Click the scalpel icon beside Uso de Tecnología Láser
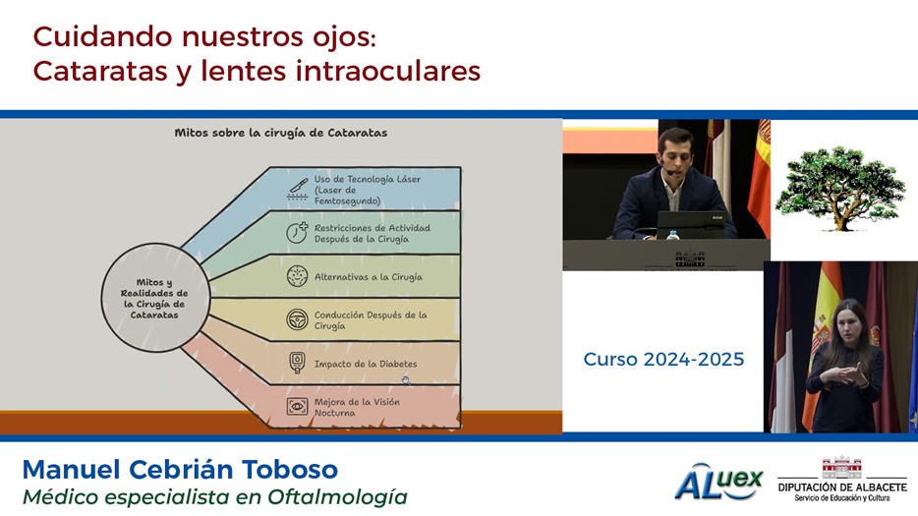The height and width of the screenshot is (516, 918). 298,189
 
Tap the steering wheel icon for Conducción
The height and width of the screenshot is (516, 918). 298,319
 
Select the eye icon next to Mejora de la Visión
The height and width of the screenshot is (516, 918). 298,407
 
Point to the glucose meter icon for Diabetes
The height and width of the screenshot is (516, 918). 298,363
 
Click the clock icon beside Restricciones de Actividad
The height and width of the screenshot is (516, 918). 298,233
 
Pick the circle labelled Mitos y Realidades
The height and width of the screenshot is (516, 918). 155,298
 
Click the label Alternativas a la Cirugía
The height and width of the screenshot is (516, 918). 369,277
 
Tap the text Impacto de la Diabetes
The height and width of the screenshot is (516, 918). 366,364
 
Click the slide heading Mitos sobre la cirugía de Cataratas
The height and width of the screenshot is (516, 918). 281,133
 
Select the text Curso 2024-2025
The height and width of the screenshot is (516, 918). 663,359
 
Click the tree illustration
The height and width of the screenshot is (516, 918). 840,189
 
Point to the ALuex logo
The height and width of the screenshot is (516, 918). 718,482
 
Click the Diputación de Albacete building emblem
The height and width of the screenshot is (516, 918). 842,468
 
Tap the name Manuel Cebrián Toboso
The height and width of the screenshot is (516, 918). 180,470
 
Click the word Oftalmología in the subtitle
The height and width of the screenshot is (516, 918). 338,497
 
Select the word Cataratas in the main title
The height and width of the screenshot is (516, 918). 99,72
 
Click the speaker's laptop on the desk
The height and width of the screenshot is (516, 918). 691,225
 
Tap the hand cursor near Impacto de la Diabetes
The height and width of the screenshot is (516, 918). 406,380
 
